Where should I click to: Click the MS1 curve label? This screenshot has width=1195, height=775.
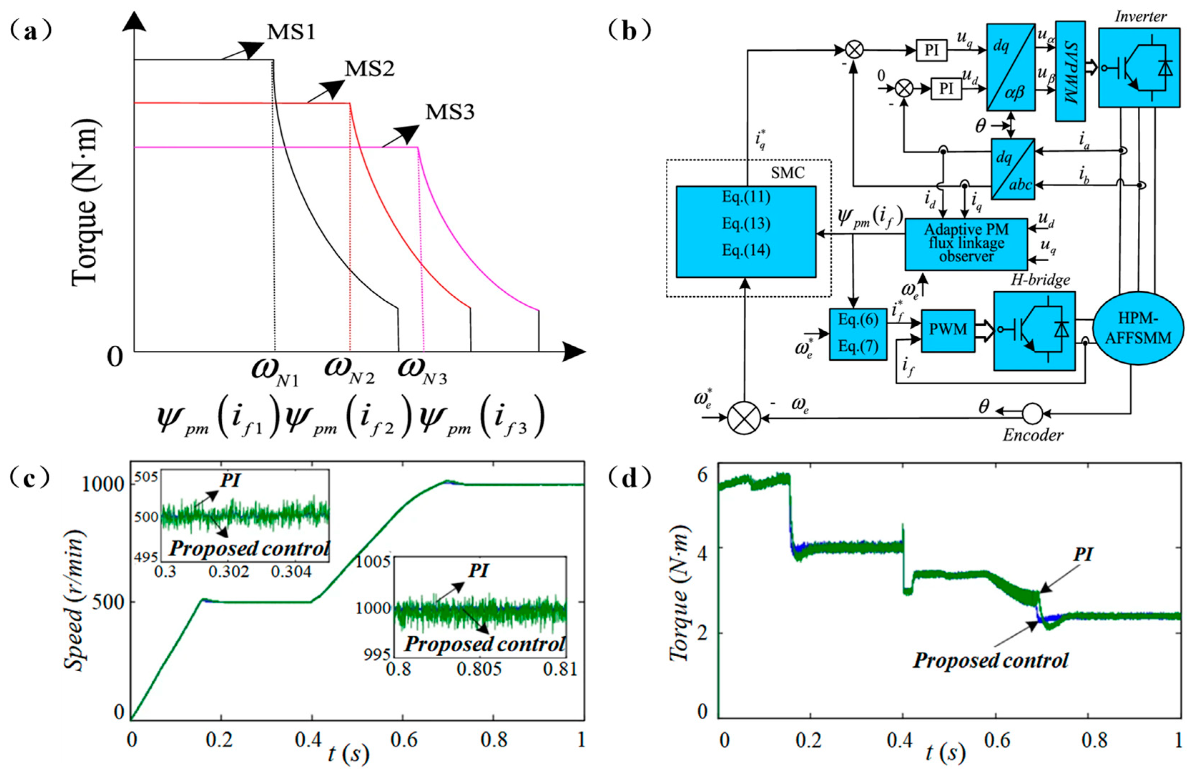pos(291,33)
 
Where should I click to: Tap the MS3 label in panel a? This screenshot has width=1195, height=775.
pos(449,112)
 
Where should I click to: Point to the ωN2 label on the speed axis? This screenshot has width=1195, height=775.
pos(349,370)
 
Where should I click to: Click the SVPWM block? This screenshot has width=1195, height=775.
pos(1070,71)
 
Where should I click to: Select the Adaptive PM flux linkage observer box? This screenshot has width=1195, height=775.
pos(966,244)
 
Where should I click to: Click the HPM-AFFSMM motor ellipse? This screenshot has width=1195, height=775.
pos(1138,329)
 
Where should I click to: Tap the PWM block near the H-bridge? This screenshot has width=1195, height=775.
pos(948,330)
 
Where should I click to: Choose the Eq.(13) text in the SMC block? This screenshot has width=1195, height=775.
pos(746,224)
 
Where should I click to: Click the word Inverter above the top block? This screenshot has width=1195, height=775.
pos(1141,16)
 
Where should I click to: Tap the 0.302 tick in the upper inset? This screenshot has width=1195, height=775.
pos(229,572)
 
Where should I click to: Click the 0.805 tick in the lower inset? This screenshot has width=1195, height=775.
pos(479,669)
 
